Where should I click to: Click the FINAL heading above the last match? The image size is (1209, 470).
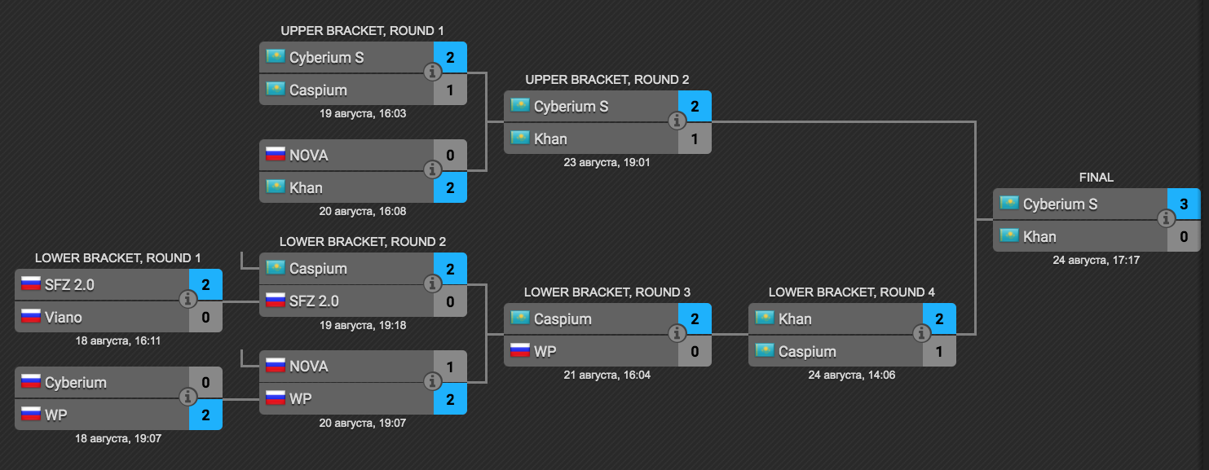1096,178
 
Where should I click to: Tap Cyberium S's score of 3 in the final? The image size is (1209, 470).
1184,204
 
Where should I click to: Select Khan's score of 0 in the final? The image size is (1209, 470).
1184,237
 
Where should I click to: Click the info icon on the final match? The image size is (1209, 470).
1167,218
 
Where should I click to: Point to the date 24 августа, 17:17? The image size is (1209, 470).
1096,261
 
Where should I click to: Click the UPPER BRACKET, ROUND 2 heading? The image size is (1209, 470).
607,80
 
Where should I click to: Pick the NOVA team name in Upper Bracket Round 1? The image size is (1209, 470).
309,155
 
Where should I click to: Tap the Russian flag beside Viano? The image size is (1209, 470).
31,316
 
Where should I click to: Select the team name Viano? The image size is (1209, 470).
64,317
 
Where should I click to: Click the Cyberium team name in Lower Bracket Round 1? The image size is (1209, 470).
76,382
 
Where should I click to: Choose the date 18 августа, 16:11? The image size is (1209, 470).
118,340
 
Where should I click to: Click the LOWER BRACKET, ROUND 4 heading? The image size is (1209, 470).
852,292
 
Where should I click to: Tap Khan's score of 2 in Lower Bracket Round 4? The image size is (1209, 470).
939,318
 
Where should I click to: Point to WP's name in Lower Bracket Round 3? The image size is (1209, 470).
545,351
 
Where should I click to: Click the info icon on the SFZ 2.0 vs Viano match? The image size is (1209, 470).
188,299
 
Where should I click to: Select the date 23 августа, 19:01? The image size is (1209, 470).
607,162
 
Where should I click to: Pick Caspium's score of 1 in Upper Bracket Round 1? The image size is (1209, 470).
450,90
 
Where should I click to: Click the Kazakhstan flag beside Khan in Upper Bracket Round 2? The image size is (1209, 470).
519,138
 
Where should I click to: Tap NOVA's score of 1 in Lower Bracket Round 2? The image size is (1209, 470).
450,367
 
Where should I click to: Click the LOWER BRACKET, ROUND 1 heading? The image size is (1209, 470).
118,257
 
